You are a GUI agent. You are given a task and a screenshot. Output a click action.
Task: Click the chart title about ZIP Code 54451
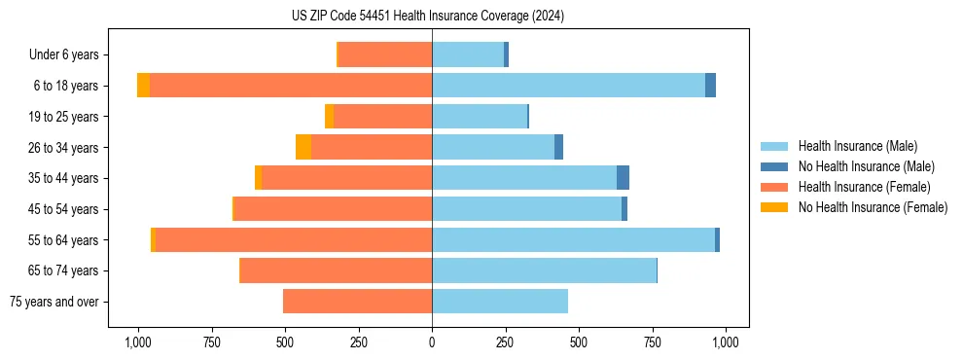coord(428,16)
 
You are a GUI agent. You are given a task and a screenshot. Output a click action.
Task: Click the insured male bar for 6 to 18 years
coord(568,86)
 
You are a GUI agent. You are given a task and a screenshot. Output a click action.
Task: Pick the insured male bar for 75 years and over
coord(500,302)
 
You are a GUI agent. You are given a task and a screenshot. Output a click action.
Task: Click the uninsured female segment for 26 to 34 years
coord(303,148)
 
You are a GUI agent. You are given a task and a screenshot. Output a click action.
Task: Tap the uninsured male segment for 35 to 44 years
coord(623,178)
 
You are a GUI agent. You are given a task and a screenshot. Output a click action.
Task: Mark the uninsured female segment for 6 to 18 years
coord(143,86)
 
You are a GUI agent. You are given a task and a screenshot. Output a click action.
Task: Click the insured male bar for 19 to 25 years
coord(480,117)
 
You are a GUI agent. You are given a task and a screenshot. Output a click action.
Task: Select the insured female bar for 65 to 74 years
coord(337,270)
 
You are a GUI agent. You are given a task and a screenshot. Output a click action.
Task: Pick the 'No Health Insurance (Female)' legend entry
coord(873,207)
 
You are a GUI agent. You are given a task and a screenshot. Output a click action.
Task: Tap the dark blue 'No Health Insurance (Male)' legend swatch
coord(775,166)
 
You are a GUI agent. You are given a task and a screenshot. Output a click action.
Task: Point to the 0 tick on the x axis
coord(432,342)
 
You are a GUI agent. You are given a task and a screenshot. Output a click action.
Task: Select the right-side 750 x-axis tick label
coord(653,342)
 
